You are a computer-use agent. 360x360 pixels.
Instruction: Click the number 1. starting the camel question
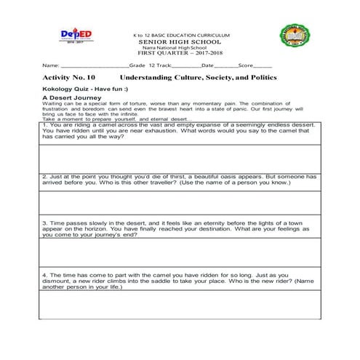click(44, 125)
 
